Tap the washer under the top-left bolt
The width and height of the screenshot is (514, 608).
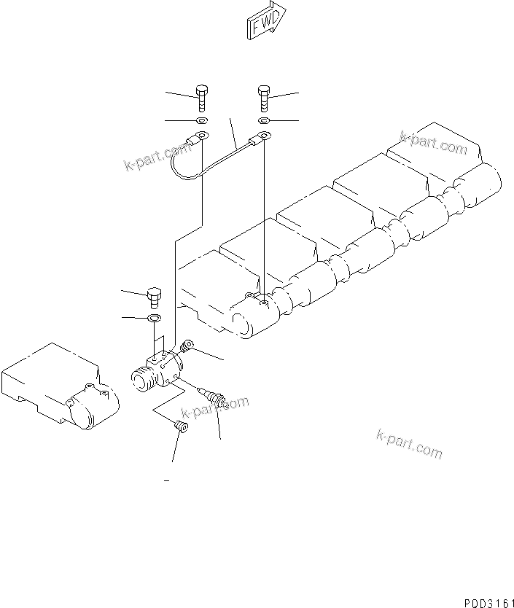202,120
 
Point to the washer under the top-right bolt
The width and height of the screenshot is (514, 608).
264,120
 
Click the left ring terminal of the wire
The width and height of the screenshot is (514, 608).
200,135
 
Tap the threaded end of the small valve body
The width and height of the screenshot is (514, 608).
141,378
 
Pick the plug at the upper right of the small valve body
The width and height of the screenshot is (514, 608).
188,346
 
